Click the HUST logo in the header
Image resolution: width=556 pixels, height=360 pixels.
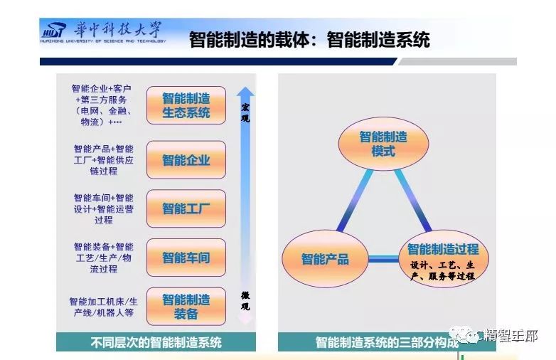53,31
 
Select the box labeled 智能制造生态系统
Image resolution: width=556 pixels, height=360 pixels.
186,105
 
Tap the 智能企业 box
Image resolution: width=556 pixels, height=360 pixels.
186,160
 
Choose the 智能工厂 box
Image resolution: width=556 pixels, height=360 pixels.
186,208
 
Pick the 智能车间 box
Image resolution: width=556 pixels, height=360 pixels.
186,258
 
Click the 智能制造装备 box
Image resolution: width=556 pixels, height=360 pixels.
186,307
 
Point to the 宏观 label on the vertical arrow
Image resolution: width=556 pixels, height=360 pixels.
245,113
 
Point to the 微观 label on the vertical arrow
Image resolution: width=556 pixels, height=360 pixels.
245,300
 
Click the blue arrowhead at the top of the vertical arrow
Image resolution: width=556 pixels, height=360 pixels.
245,92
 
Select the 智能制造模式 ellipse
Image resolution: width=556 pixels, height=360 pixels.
383,144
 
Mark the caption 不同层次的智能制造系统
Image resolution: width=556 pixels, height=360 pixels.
156,342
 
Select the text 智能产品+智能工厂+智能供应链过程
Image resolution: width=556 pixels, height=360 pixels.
103,160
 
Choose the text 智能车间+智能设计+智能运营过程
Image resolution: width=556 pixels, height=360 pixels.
103,208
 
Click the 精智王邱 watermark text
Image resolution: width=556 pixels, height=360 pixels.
511,336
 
